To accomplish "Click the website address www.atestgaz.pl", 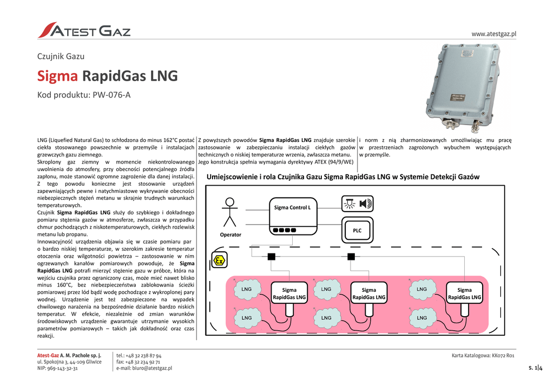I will [x=493, y=34].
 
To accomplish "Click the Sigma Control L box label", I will [x=292, y=207].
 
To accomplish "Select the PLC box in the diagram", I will [x=357, y=231].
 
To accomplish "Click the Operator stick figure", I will [x=230, y=212].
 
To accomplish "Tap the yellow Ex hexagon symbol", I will [x=219, y=260].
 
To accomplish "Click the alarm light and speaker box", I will [x=357, y=204].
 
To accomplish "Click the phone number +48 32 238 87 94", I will [x=143, y=356].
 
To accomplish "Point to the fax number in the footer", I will [x=142, y=362].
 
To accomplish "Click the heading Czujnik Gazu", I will [x=61, y=56].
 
